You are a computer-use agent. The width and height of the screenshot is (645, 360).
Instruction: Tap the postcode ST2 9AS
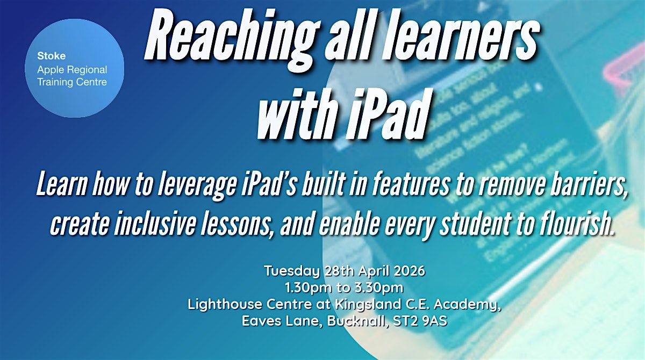point(422,322)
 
